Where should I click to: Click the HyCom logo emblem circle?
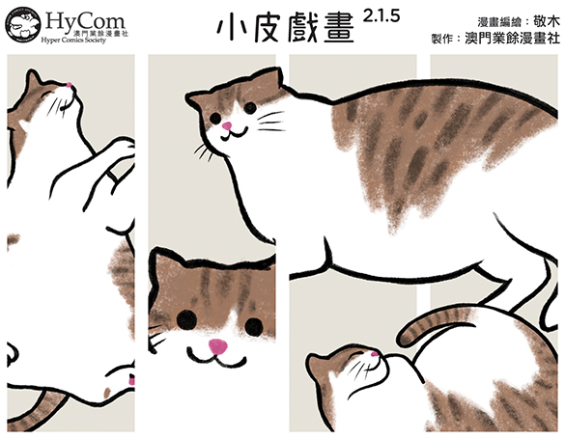point(23,24)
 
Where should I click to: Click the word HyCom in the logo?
point(85,20)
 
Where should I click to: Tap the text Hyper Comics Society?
point(73,40)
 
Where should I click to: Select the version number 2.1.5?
point(381,16)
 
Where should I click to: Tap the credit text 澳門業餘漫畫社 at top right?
point(512,38)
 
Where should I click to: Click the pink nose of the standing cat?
point(227,125)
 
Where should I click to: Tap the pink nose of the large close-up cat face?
point(218,346)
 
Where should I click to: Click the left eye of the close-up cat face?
point(187,318)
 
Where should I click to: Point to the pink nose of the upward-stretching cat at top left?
point(69,85)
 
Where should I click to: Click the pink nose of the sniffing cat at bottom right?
point(375,354)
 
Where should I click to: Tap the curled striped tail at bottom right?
point(433,321)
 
